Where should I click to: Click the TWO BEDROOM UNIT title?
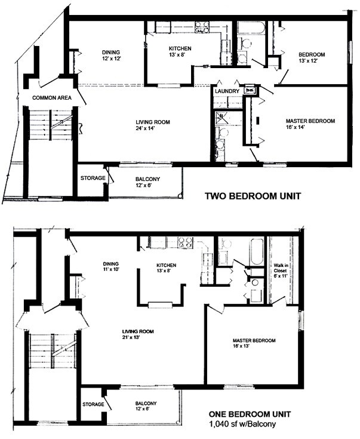click(x=253, y=196)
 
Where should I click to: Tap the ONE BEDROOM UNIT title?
click(x=250, y=414)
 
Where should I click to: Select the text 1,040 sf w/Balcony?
click(x=242, y=424)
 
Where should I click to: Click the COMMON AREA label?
click(x=52, y=98)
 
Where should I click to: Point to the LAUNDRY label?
click(x=227, y=91)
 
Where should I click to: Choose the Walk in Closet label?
click(x=280, y=268)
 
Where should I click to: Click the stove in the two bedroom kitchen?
click(x=202, y=27)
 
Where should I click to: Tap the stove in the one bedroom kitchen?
click(x=186, y=242)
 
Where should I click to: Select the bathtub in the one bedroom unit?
click(x=257, y=251)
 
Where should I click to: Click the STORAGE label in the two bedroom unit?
click(x=93, y=178)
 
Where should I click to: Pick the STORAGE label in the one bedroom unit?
click(x=93, y=404)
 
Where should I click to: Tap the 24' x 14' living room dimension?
click(x=145, y=129)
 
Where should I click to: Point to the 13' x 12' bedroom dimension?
click(x=308, y=61)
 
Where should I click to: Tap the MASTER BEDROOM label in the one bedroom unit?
click(x=254, y=340)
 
